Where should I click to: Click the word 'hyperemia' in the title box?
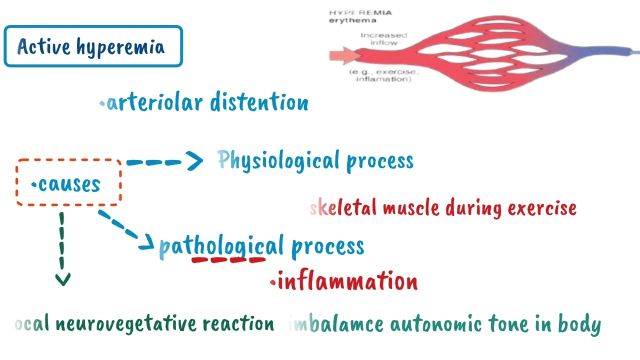[120, 47]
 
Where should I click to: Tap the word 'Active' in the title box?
[44, 46]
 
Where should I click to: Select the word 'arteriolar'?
[154, 102]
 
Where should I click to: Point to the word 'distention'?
[259, 102]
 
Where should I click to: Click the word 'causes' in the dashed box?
[69, 184]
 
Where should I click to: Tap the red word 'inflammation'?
[347, 281]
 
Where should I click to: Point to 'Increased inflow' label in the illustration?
[383, 39]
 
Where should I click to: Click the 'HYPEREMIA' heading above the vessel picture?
[360, 12]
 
